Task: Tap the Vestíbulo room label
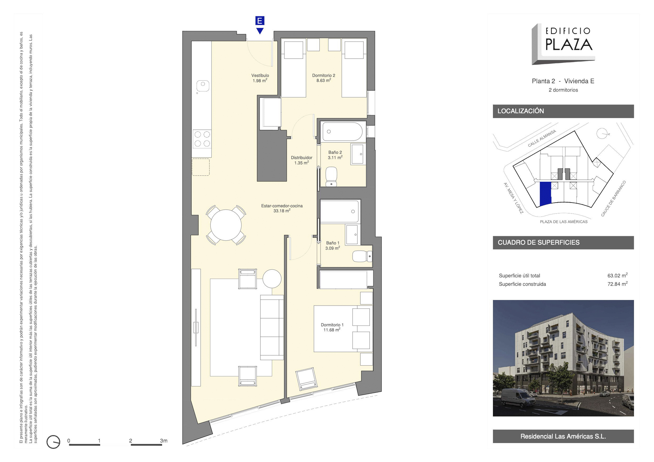(x=260, y=76)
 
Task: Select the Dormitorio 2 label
(x=324, y=76)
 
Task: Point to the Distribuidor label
(x=301, y=158)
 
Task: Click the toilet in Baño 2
(x=331, y=177)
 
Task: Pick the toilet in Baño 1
(x=362, y=256)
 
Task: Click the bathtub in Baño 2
(x=343, y=132)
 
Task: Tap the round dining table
(x=226, y=225)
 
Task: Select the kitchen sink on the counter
(x=203, y=85)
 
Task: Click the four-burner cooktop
(x=202, y=139)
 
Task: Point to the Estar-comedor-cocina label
(x=282, y=206)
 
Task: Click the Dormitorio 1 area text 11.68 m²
(x=332, y=330)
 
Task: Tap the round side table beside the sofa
(x=272, y=278)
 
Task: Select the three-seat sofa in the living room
(x=272, y=327)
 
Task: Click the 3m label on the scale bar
(x=164, y=441)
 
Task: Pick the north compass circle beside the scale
(x=53, y=442)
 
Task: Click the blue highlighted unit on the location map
(x=546, y=193)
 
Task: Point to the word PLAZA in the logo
(x=569, y=44)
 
